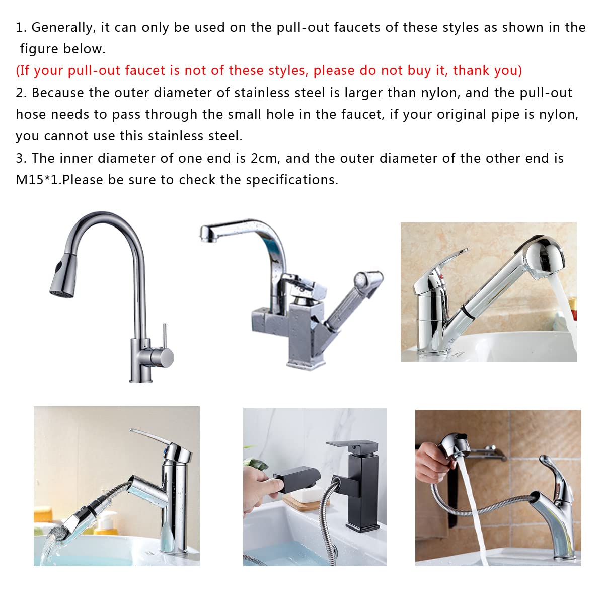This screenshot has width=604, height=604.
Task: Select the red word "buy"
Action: point(420,71)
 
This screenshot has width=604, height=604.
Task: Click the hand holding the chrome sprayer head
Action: point(432,461)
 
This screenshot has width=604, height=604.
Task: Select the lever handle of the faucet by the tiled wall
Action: point(550,473)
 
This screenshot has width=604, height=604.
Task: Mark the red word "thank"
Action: point(473,71)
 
